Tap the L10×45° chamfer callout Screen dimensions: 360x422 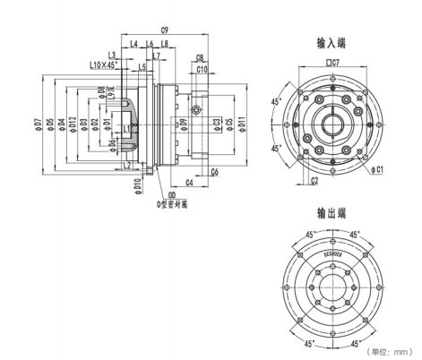click(109, 65)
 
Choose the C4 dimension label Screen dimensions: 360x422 click(190, 183)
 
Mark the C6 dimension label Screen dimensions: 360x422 click(215, 170)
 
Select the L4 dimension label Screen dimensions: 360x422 click(133, 43)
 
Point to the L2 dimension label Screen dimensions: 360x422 click(127, 165)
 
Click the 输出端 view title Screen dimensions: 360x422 click(333, 214)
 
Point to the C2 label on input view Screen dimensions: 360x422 click(314, 180)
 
